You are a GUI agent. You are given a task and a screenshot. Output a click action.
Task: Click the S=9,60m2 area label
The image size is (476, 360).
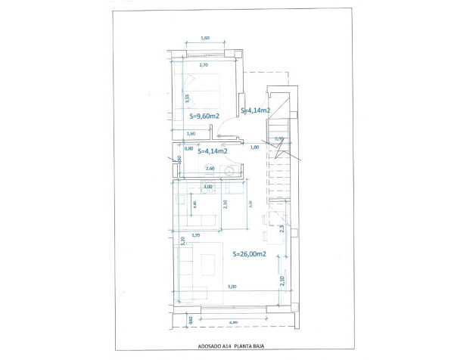204,116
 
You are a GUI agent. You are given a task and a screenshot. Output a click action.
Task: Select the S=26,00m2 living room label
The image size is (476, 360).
248,254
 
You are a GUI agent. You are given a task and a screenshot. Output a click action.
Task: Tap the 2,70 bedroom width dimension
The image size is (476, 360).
203,66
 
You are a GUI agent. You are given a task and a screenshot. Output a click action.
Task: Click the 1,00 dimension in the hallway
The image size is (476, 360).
254,147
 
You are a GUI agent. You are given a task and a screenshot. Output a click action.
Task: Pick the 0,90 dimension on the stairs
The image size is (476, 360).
278,138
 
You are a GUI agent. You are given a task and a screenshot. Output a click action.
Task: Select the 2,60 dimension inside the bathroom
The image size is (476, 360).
210,168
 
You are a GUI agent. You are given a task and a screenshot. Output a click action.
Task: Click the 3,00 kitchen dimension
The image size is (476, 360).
207,186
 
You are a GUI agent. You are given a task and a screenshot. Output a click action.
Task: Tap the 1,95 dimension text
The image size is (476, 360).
195,235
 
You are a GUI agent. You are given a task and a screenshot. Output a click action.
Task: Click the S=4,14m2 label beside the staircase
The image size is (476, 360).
256,110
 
